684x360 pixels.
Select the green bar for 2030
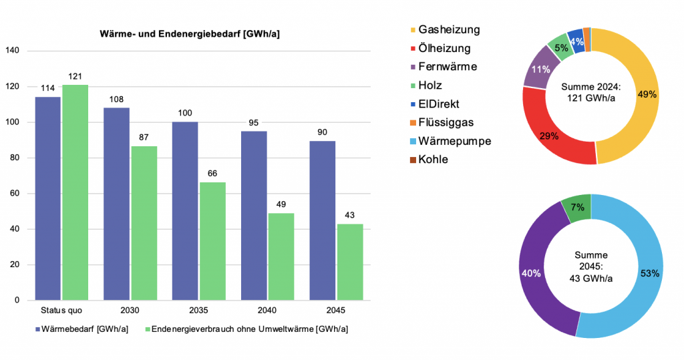[144, 223]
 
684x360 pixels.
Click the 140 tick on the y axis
[13, 51]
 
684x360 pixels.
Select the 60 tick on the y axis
[15, 194]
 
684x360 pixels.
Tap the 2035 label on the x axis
[198, 311]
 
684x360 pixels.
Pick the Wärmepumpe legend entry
[454, 141]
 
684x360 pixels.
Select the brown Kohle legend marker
[412, 160]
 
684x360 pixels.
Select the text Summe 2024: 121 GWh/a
[590, 94]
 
